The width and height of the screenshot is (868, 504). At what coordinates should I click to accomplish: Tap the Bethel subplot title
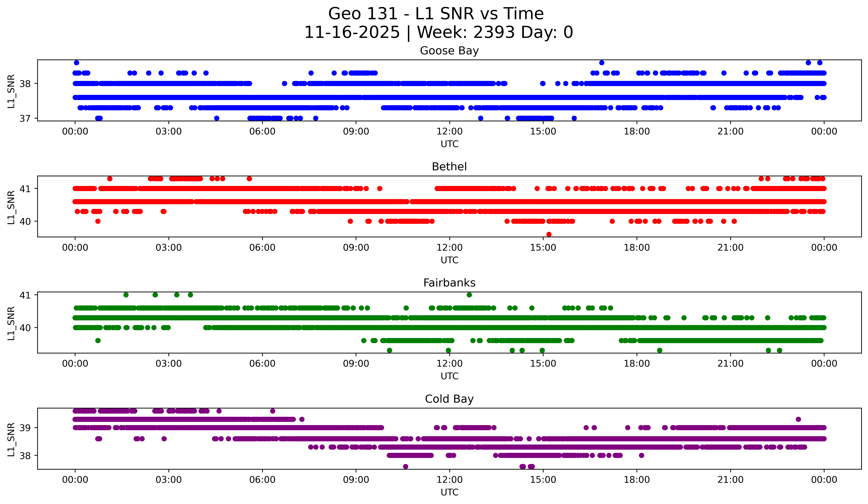449,167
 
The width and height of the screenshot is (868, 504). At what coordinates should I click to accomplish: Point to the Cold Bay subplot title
449,399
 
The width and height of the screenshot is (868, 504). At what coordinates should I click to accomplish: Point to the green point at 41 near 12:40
469,295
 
